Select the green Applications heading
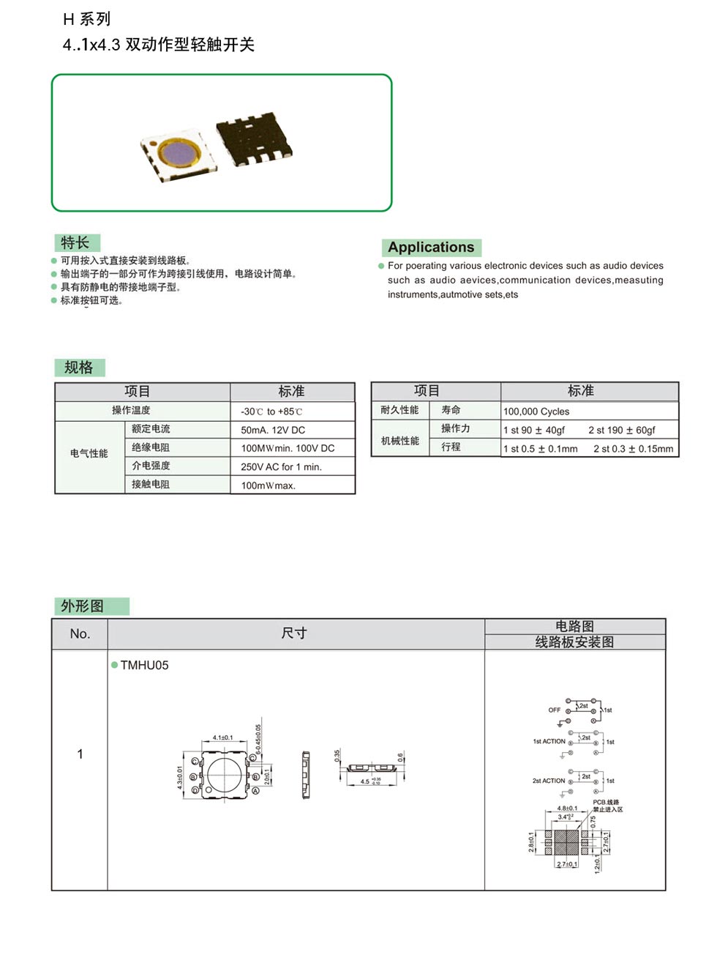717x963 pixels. (431, 247)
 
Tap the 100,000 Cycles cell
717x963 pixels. (536, 412)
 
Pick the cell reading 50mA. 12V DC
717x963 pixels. (273, 430)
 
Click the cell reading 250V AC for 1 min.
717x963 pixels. (281, 466)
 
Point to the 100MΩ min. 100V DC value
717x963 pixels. (288, 448)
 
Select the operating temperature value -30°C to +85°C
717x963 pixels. (271, 412)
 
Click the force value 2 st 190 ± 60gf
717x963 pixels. (622, 430)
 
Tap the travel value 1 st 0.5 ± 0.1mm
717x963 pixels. (541, 449)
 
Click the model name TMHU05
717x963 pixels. (144, 665)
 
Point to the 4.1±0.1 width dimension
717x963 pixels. (222, 737)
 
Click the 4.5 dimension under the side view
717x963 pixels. (365, 781)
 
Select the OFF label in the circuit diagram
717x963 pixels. (555, 710)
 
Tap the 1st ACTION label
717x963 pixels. (549, 741)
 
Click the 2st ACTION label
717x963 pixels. (549, 781)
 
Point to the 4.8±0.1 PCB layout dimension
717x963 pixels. (567, 808)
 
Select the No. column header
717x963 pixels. (80, 633)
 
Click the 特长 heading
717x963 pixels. (75, 242)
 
